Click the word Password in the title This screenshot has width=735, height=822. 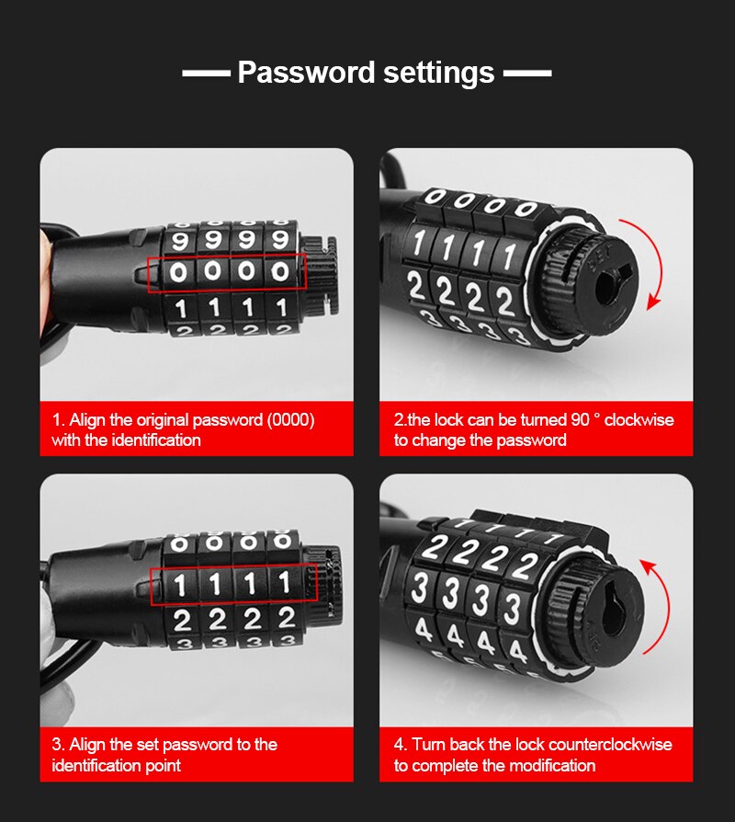point(299,72)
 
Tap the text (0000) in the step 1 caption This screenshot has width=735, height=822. point(289,420)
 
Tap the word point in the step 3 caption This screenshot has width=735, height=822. point(162,765)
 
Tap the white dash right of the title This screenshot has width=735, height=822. point(528,73)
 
